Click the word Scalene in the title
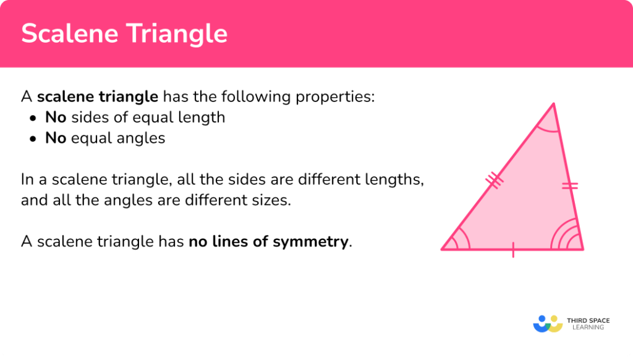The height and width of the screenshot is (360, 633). tap(69, 33)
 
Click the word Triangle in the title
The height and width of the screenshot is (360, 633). tap(177, 34)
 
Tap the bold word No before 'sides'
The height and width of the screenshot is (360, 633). tap(56, 118)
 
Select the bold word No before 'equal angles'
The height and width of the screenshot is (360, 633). tap(56, 138)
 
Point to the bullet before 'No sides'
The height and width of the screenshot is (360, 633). tap(33, 118)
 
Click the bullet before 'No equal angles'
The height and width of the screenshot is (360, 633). tap(33, 139)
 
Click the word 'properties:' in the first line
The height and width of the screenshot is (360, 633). tap(335, 97)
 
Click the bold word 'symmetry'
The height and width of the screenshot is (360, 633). tap(310, 242)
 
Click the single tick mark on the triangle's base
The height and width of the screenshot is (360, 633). tap(513, 250)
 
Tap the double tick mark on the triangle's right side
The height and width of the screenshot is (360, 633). tap(569, 186)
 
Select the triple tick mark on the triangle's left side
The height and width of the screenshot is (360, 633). tap(494, 180)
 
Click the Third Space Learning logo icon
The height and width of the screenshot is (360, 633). tap(548, 324)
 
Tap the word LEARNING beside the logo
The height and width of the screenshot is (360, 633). tap(588, 328)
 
